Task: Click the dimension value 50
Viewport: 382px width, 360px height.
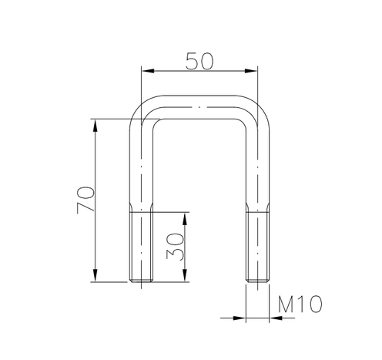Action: click(x=199, y=61)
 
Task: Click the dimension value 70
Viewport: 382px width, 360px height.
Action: click(x=85, y=200)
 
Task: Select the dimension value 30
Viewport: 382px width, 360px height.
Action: click(x=175, y=246)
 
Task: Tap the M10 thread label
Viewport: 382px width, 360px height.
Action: click(x=300, y=304)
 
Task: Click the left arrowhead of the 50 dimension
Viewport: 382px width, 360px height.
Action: click(x=148, y=71)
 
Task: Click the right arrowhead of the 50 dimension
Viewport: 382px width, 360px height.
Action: click(x=251, y=71)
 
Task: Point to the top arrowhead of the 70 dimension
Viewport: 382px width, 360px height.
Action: click(x=95, y=126)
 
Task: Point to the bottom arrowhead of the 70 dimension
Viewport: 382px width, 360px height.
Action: click(x=95, y=275)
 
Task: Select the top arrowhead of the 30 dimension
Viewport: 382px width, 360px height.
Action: click(x=185, y=219)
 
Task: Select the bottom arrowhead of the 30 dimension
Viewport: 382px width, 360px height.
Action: click(x=185, y=275)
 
